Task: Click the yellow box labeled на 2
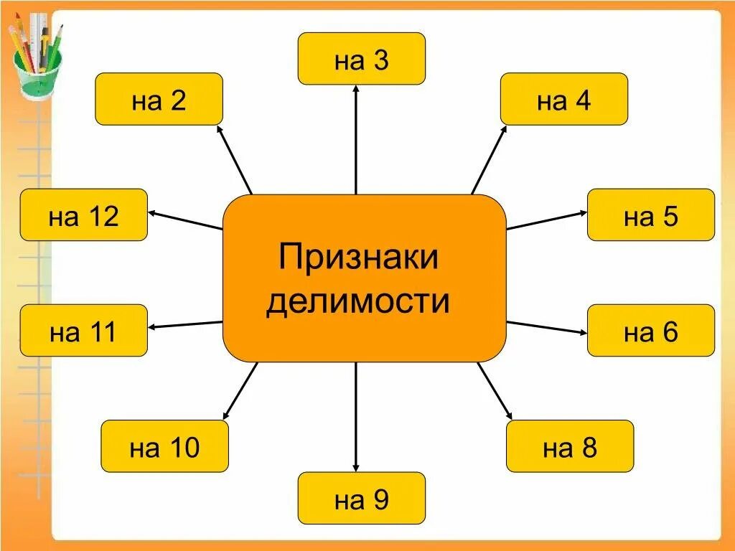point(159,100)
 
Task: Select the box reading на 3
point(361,59)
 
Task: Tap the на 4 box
point(563,100)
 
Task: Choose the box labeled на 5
point(650,215)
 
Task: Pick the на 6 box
point(650,331)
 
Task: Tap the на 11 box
point(83,331)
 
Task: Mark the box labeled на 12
point(83,215)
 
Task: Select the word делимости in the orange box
point(358,301)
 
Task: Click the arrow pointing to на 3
point(356,140)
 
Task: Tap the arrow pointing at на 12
point(185,220)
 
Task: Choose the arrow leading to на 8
point(495,391)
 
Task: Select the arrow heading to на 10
point(240,391)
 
